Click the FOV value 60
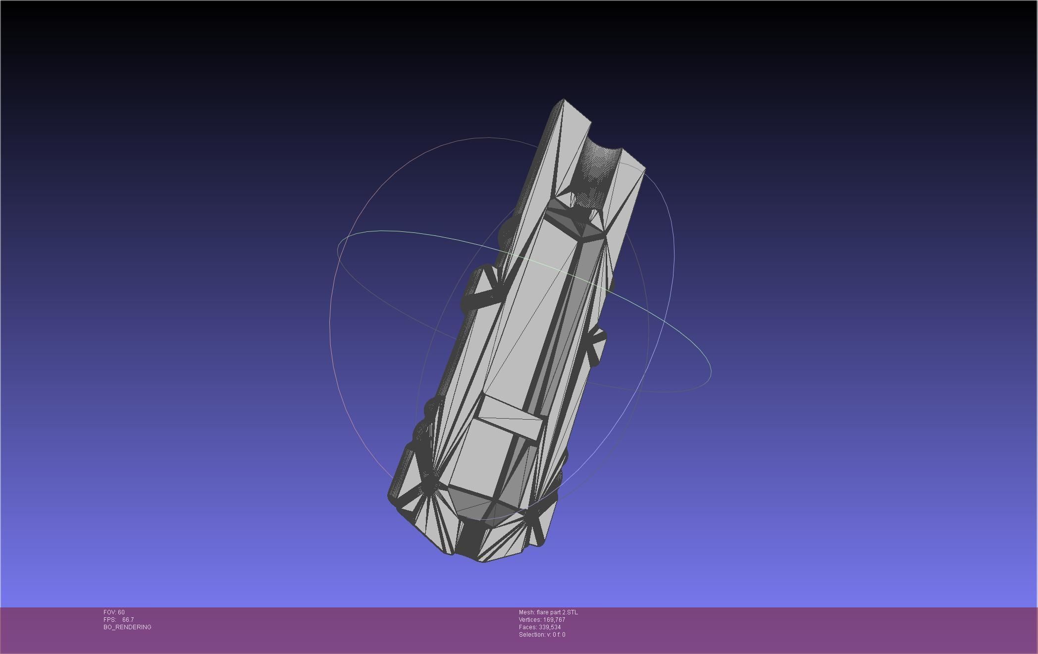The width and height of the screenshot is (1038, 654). tap(121, 612)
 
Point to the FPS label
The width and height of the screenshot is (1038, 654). tap(109, 620)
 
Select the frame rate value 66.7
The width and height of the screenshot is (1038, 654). tap(128, 620)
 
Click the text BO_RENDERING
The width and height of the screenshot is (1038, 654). tap(127, 627)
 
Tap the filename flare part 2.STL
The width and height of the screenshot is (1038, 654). tap(557, 612)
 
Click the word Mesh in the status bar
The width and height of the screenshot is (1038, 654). tap(526, 612)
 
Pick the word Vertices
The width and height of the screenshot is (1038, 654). tap(530, 620)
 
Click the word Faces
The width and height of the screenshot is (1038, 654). tap(527, 627)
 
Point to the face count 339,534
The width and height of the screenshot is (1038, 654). tap(550, 627)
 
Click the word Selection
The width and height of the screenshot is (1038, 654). tap(531, 635)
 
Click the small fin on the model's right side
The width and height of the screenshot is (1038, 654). tap(597, 342)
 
